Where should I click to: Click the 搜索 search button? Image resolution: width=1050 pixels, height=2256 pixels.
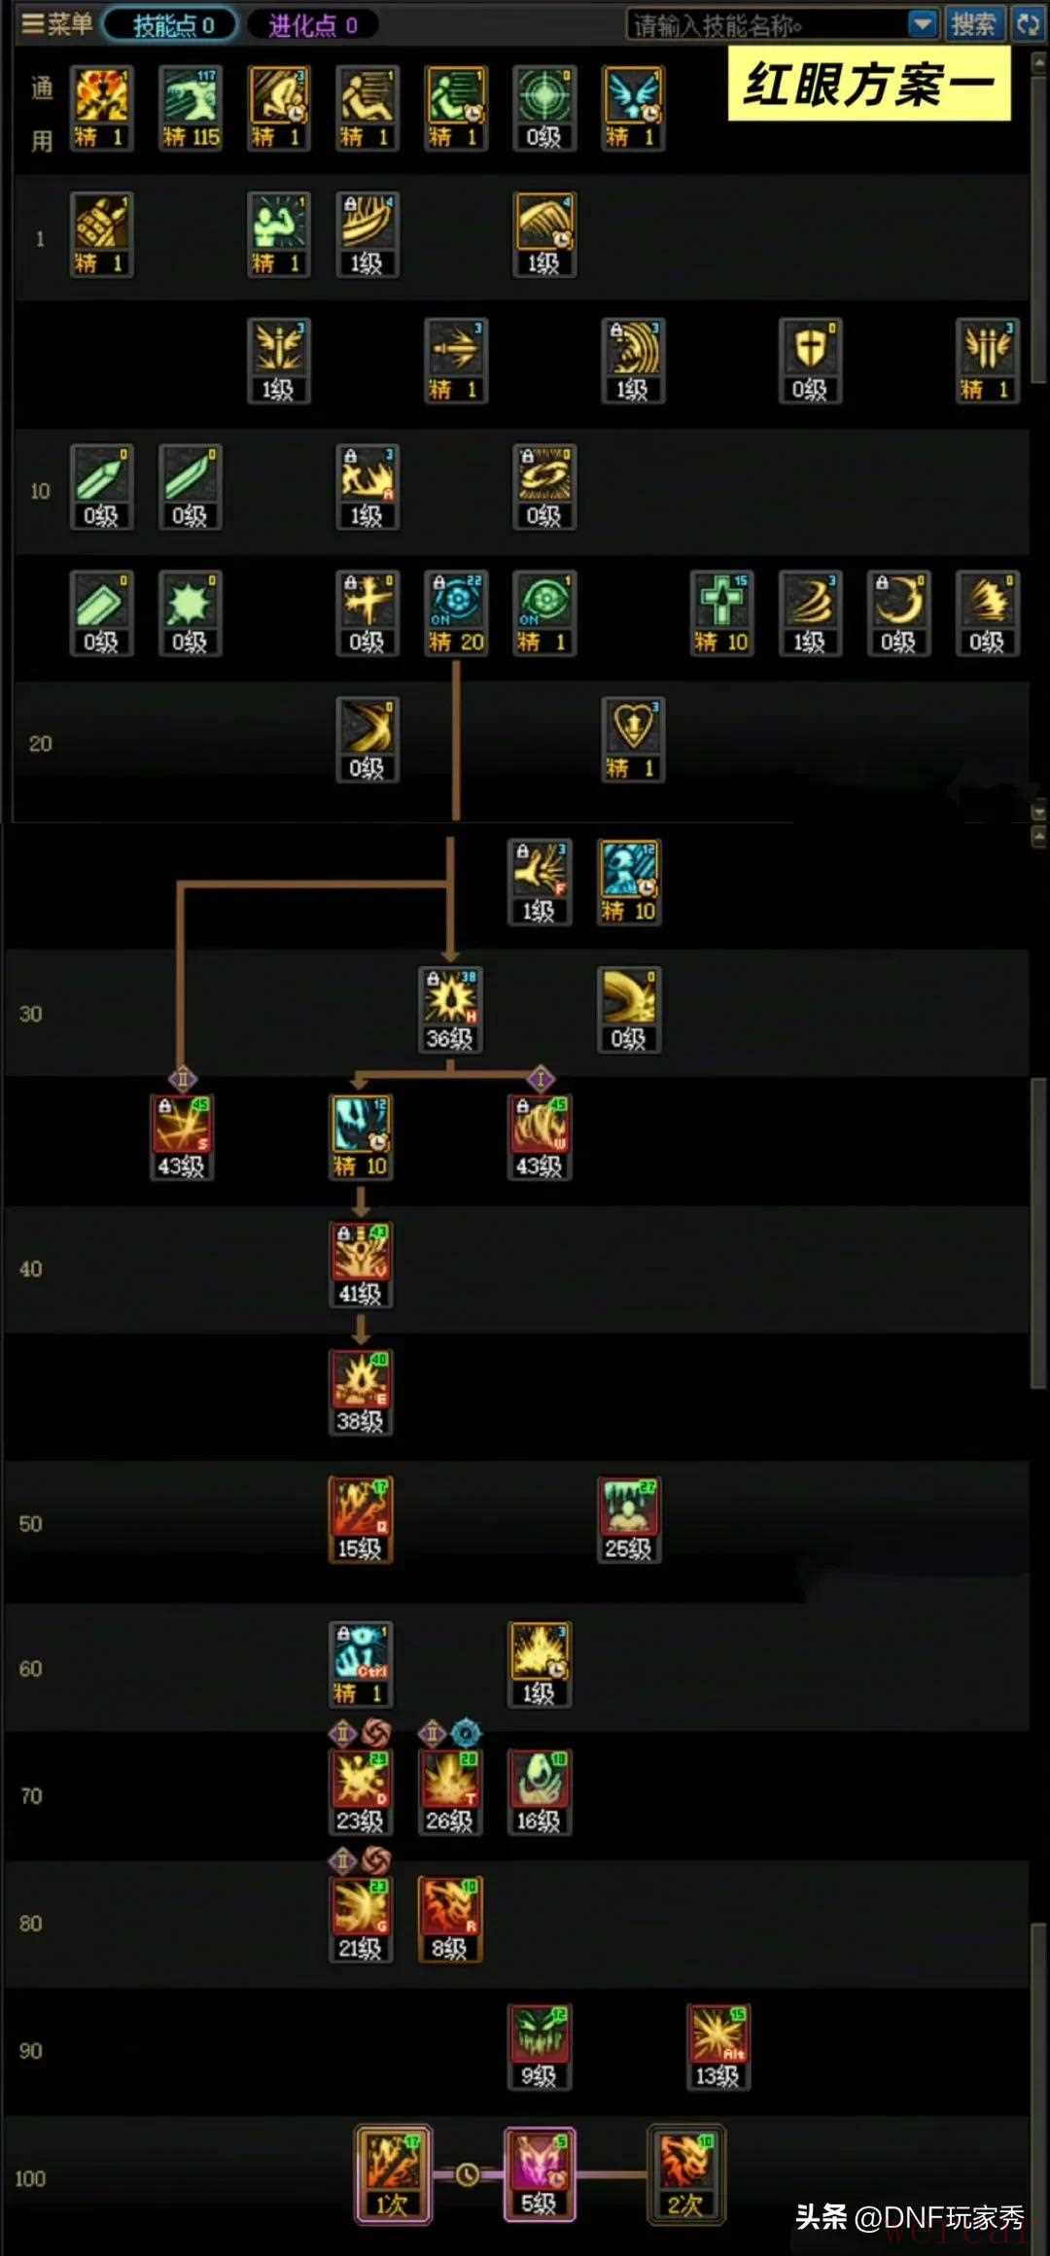point(972,24)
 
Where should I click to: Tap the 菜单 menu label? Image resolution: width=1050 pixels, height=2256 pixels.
point(58,24)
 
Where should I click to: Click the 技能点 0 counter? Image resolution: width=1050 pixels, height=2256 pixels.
point(172,25)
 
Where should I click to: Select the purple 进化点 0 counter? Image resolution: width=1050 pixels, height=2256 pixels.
point(312,25)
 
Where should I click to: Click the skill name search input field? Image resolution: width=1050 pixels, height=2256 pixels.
point(768,25)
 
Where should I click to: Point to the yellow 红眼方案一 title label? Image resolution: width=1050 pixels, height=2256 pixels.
point(868,86)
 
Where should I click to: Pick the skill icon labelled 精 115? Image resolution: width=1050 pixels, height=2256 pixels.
point(191,107)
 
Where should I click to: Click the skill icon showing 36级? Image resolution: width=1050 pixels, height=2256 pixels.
point(449,1009)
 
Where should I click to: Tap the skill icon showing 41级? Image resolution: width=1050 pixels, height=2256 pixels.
point(361,1265)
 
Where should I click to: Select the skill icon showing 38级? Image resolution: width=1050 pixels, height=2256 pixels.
point(361,1392)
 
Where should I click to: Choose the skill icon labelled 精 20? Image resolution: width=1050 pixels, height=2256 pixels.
point(456,612)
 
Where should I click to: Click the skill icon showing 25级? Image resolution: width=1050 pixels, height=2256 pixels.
point(628,1519)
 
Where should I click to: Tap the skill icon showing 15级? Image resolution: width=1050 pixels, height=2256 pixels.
point(361,1519)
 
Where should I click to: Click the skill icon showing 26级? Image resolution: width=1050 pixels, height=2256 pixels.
point(449,1791)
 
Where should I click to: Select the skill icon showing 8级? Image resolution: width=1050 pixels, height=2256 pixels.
point(449,1919)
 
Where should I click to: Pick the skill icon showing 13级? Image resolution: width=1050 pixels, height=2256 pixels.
point(717,2046)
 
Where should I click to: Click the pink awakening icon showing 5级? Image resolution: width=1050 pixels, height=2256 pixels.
point(539,2173)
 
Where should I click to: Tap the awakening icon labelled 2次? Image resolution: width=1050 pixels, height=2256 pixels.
point(685,2173)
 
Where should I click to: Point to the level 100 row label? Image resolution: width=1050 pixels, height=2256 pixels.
point(30,2178)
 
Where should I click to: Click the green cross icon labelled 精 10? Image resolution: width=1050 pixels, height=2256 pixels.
point(720,612)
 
